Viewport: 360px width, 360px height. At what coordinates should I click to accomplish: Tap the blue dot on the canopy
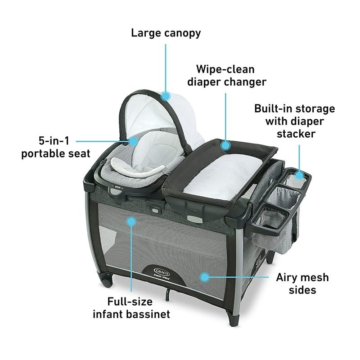coord(166,95)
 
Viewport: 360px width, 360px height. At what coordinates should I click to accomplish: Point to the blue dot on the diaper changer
coord(225,145)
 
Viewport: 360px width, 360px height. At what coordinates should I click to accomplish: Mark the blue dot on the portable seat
coord(134,141)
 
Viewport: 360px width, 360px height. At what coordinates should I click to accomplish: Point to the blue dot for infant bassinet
coord(131,220)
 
